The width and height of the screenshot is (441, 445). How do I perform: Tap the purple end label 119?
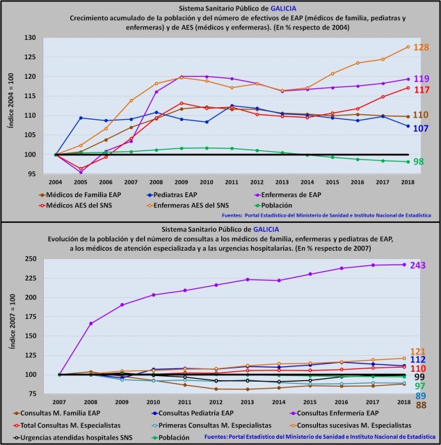click(421, 79)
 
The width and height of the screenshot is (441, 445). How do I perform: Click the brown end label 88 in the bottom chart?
click(420, 405)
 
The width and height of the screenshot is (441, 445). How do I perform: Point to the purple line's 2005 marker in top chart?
click(81, 171)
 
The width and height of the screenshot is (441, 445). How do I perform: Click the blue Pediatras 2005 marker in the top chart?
click(81, 118)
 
